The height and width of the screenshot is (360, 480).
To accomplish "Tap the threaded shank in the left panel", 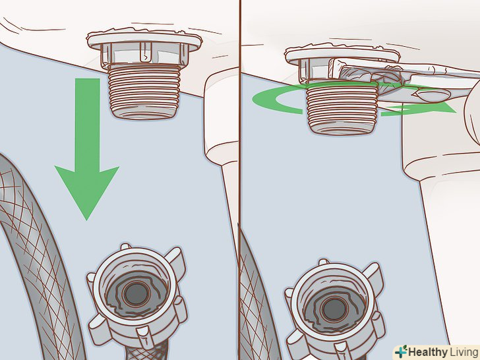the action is pyautogui.click(x=144, y=90).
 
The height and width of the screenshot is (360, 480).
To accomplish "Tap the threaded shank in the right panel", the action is pyautogui.click(x=342, y=107).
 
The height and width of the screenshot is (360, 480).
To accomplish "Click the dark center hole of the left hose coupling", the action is pyautogui.click(x=137, y=294).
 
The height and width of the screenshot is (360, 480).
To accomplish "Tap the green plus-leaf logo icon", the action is pyautogui.click(x=401, y=351).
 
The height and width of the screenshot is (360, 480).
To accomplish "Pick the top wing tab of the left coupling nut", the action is pyautogui.click(x=125, y=246).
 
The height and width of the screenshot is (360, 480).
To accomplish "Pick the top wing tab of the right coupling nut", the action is pyautogui.click(x=324, y=262).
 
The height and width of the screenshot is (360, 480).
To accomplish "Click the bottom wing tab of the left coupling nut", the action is pyautogui.click(x=143, y=334).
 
